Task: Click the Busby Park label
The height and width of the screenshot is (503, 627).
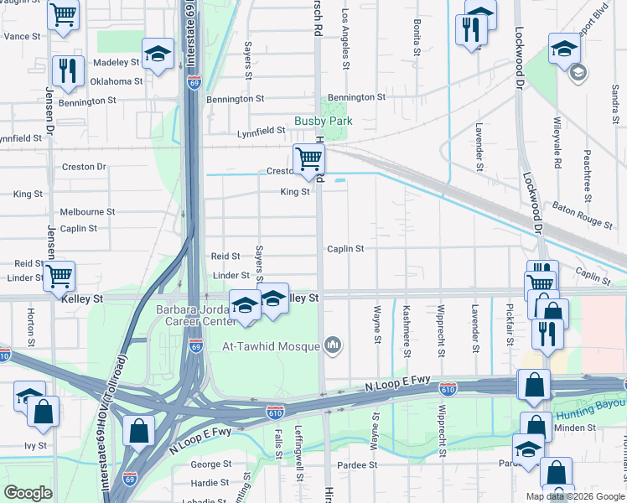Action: (x=323, y=121)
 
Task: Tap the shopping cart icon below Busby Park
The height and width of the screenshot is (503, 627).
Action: (x=308, y=157)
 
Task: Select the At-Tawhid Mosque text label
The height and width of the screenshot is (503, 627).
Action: (x=270, y=346)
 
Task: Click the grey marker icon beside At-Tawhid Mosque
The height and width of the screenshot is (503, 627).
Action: (x=333, y=345)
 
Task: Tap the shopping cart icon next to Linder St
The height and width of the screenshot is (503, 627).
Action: (x=59, y=275)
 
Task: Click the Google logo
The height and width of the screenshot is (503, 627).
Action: (x=28, y=493)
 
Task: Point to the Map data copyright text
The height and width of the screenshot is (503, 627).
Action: (x=575, y=496)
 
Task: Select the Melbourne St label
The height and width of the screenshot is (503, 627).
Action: (x=87, y=212)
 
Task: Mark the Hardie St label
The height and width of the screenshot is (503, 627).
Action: (x=210, y=483)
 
